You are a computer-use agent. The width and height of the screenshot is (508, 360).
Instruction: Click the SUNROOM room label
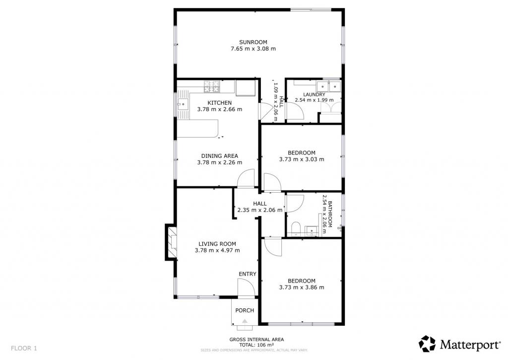[253, 42]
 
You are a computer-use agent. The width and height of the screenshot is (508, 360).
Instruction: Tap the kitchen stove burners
[211, 86]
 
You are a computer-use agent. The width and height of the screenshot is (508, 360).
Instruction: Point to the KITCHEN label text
[219, 103]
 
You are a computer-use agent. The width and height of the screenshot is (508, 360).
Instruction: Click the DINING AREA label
[219, 156]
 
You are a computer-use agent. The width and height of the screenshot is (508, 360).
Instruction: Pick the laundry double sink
[329, 86]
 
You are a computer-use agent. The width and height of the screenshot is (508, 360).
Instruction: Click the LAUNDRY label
[314, 95]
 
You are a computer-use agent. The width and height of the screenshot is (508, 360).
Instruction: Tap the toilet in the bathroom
[296, 228]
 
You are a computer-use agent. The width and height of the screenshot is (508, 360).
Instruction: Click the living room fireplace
[171, 242]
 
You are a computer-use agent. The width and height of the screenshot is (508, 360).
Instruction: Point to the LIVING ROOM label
[217, 244]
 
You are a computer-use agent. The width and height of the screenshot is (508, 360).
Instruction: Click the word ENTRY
[248, 274]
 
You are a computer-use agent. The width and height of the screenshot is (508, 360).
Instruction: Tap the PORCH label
[245, 310]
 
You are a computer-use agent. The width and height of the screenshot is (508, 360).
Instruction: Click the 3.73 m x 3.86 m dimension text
[301, 288]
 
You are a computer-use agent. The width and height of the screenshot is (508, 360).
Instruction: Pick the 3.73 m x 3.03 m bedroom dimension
[301, 159]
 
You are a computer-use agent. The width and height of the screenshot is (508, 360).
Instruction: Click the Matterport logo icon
[427, 344]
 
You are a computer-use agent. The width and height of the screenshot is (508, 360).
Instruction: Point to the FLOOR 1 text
[24, 348]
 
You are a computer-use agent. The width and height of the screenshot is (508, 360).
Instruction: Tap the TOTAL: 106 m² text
[256, 345]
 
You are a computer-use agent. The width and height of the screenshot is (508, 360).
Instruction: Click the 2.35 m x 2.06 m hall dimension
[260, 210]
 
